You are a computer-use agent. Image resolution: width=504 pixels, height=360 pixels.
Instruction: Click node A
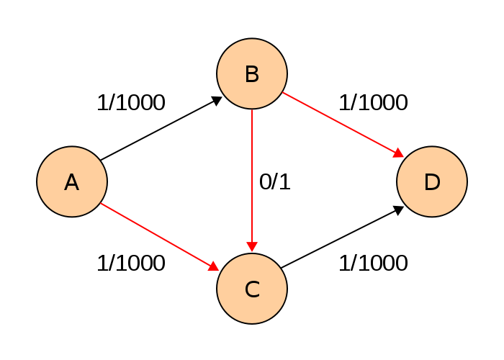pyautogui.click(x=72, y=181)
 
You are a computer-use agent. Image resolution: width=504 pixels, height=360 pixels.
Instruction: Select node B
pyautogui.click(x=252, y=73)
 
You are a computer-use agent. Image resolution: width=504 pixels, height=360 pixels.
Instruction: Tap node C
pyautogui.click(x=252, y=289)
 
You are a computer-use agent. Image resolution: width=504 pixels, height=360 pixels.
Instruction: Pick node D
pyautogui.click(x=432, y=181)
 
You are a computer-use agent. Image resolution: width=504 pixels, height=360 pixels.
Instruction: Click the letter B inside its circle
pyautogui.click(x=252, y=74)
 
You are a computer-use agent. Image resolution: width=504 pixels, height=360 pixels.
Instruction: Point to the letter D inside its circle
pyautogui.click(x=432, y=182)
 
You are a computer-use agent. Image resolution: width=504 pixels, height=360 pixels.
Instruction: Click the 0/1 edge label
pyautogui.click(x=275, y=182)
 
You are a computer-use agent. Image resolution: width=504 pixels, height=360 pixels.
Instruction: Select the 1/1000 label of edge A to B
pyautogui.click(x=131, y=103)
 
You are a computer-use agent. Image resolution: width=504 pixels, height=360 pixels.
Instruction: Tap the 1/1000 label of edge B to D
pyautogui.click(x=374, y=103)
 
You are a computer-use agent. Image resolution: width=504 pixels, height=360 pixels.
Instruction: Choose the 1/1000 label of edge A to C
pyautogui.click(x=131, y=263)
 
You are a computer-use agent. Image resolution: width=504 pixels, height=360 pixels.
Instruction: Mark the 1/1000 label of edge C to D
pyautogui.click(x=374, y=263)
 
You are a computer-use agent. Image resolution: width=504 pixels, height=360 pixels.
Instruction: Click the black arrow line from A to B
pyautogui.click(x=161, y=128)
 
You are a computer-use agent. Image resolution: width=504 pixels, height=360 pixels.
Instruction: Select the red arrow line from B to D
pyautogui.click(x=343, y=125)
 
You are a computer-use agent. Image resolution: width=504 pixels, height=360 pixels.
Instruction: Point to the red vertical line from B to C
pyautogui.click(x=252, y=180)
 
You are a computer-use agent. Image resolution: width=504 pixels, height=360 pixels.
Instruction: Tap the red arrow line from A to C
pyautogui.click(x=160, y=237)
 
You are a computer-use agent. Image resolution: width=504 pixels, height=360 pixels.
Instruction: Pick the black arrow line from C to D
pyautogui.click(x=342, y=237)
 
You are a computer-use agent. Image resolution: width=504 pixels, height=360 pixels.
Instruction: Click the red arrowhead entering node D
pyautogui.click(x=399, y=153)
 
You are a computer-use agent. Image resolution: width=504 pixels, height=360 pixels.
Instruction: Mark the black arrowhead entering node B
pyautogui.click(x=217, y=101)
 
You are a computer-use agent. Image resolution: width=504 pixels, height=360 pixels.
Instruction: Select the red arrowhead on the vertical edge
pyautogui.click(x=252, y=246)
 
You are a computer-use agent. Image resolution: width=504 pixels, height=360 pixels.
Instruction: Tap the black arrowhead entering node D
pyautogui.click(x=399, y=210)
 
